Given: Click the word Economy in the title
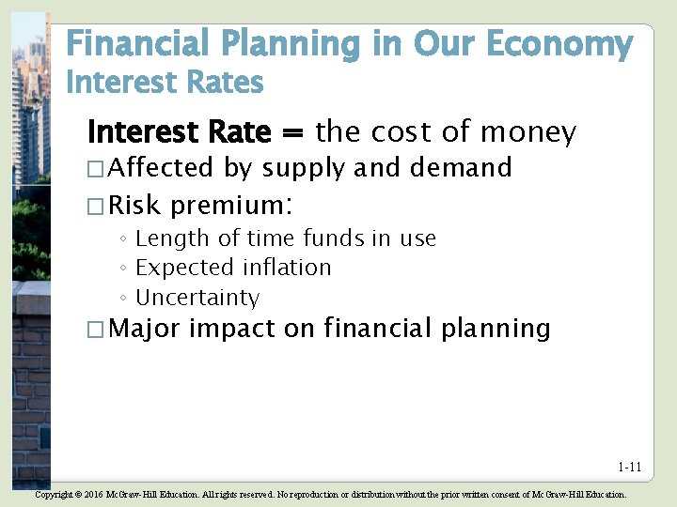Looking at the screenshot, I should pos(568,43).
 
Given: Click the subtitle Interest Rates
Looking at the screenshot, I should pos(165,84).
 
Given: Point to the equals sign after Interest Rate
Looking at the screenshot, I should pos(291,133).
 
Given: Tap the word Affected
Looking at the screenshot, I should pos(162,168).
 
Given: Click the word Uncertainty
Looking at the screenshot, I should pos(197,298).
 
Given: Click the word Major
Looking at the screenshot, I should pos(146,329).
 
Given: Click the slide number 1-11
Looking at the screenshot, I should pos(630,467).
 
